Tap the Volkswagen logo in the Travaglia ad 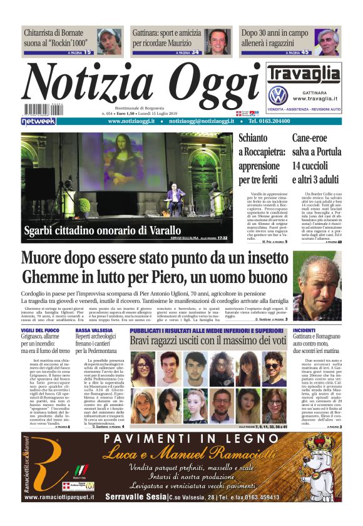(x=277, y=96)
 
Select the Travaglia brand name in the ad (x=304, y=74)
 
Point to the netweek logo (x=38, y=122)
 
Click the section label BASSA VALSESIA (x=95, y=329)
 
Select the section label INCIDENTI (x=304, y=329)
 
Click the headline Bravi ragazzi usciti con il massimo (x=207, y=340)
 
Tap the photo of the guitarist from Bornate (x=113, y=41)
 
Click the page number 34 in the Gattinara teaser (x=195, y=53)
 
